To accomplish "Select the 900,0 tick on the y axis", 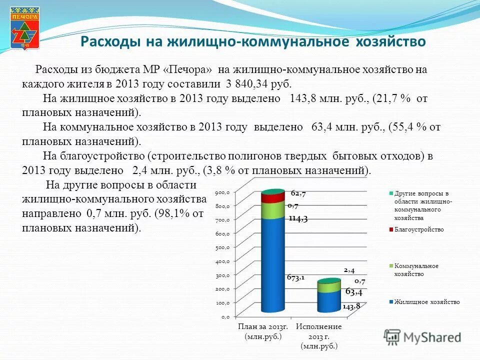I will coord(222,192).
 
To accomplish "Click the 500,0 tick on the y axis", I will coord(222,247).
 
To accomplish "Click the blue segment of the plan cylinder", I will coord(272,265).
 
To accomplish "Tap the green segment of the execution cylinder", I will coord(328,287).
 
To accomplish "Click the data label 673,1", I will coord(295,277).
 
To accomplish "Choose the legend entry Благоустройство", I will coord(418,229).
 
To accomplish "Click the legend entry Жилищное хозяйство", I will coord(426,302).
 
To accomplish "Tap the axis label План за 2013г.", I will coord(263,327).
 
